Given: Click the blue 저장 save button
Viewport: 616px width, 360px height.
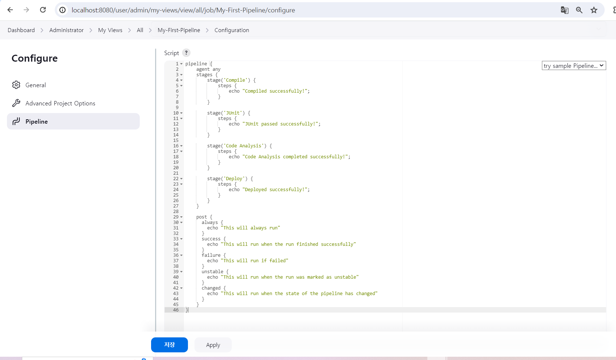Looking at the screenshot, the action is (169, 345).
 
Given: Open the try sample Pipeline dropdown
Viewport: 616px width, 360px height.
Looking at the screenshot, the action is (574, 66).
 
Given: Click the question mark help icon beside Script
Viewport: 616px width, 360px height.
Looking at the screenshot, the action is (186, 53).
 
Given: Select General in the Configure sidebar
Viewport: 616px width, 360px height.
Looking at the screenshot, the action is (35, 85).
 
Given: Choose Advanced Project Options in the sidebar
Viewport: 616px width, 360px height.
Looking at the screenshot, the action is (60, 103).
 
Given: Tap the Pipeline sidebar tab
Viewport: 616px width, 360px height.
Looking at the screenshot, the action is (36, 121).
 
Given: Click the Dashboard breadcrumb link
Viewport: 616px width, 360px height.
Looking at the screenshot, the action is (21, 30).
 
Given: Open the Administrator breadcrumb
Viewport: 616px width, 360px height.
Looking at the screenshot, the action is (66, 30).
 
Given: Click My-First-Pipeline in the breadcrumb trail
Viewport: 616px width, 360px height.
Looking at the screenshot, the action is (179, 30).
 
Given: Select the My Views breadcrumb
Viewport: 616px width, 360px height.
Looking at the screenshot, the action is (110, 30).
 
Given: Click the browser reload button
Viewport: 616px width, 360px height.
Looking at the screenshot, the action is (43, 10).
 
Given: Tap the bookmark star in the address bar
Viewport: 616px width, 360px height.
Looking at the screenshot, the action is (594, 10).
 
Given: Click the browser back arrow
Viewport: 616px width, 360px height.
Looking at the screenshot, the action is (10, 10).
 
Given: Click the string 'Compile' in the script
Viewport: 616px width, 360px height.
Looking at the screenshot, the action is (236, 80).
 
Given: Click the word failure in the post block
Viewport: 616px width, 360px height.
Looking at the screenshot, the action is (211, 255).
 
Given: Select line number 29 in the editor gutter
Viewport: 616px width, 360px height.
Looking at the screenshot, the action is (176, 217).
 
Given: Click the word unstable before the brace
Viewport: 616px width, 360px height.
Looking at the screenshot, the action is (212, 272).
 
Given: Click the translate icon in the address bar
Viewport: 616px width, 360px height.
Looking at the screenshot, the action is (565, 10).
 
